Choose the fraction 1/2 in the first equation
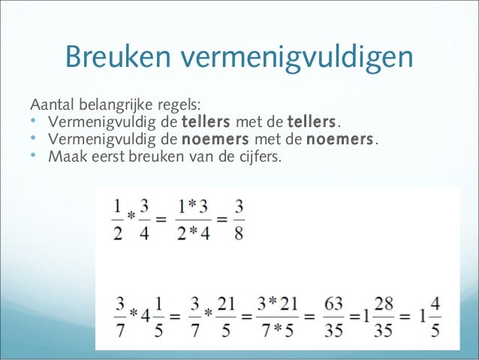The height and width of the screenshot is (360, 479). tap(118, 219)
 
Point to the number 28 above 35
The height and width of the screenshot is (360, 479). tap(387, 304)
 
